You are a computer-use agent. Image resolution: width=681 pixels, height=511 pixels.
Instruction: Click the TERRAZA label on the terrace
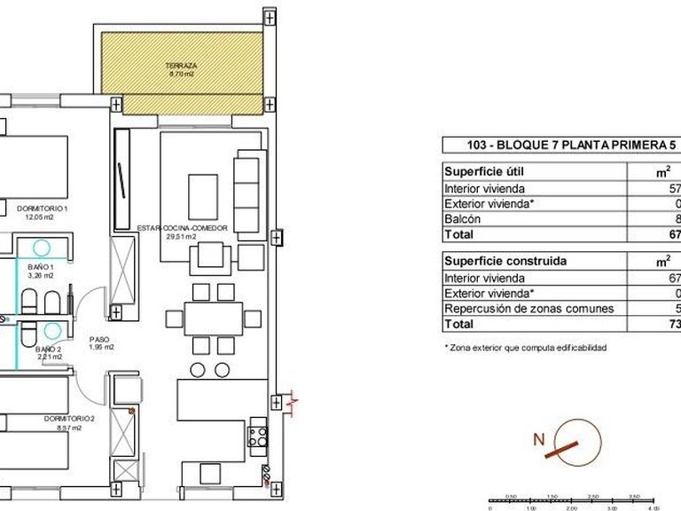(181, 67)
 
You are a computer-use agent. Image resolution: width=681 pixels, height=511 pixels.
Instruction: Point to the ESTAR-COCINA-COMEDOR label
(182, 227)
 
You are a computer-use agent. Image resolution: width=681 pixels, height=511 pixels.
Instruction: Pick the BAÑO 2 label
(49, 350)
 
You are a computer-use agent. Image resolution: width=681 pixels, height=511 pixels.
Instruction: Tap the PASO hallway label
(99, 339)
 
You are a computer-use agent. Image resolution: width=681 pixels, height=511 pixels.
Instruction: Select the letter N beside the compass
(537, 437)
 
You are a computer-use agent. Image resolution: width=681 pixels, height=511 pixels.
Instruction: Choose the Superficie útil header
(486, 171)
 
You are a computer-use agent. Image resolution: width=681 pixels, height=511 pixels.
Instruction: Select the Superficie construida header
(504, 262)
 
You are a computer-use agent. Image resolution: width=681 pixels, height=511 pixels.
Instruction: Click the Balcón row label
(462, 218)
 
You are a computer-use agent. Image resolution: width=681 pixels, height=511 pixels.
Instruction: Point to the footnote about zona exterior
(525, 348)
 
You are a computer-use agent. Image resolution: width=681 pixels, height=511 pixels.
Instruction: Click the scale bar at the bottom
(581, 502)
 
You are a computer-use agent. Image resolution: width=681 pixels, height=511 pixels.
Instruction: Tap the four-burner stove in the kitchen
(257, 435)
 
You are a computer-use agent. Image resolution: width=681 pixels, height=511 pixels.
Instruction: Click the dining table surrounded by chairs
(214, 318)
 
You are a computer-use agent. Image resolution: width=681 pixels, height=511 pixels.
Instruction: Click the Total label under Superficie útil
(459, 234)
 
